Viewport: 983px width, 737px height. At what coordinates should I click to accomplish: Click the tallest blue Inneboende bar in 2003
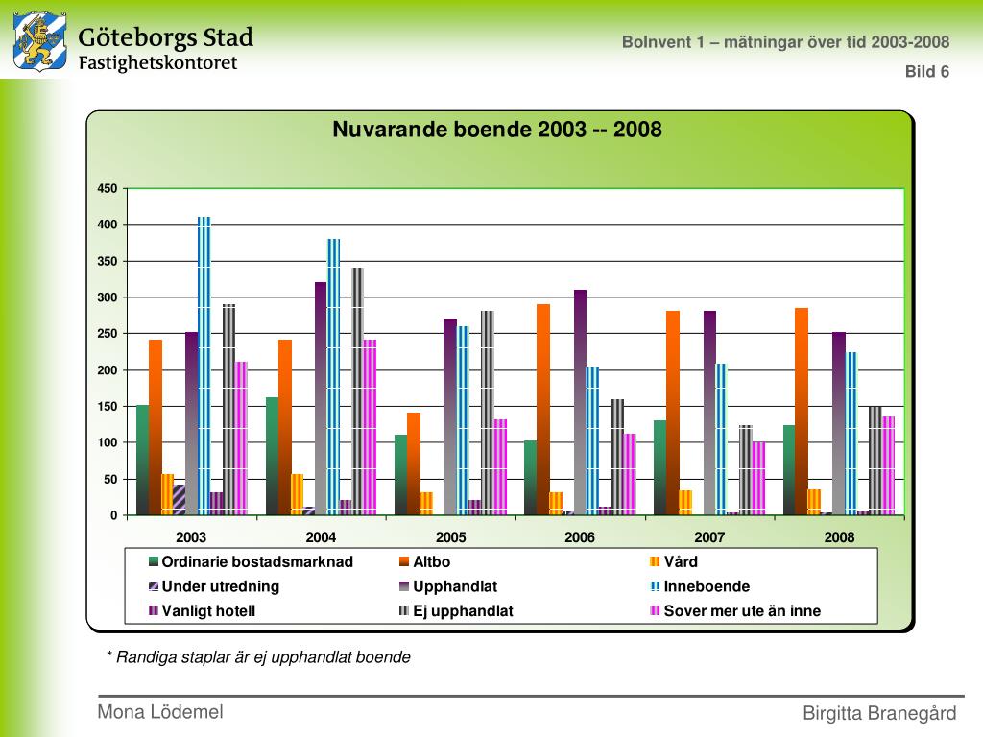point(204,366)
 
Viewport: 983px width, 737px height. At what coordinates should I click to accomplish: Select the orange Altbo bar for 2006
point(543,410)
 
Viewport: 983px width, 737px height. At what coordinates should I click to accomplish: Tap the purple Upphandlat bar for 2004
point(321,398)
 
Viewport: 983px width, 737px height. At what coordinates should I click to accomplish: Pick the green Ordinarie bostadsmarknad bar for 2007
point(659,467)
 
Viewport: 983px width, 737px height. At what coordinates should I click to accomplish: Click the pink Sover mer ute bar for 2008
point(888,465)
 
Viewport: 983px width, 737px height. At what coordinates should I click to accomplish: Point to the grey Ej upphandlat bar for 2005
point(487,413)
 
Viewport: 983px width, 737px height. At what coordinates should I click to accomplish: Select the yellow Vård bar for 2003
point(167,494)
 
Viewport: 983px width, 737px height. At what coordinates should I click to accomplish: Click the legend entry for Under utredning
point(214,586)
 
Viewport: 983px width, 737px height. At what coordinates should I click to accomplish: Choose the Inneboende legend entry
point(700,586)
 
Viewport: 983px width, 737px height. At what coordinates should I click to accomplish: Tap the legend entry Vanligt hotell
point(202,611)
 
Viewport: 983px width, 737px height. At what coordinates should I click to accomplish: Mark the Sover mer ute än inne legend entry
point(735,611)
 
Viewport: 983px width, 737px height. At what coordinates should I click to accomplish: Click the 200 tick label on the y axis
point(108,369)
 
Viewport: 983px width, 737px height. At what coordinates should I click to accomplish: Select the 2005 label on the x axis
point(451,537)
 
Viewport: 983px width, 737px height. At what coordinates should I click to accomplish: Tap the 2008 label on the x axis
point(839,537)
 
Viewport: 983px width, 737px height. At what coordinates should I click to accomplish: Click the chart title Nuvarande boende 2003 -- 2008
point(497,130)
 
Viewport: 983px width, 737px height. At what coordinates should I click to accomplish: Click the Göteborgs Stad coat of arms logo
point(40,41)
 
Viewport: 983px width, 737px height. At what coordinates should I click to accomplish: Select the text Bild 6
point(927,71)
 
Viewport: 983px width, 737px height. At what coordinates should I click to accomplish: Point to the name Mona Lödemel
point(160,712)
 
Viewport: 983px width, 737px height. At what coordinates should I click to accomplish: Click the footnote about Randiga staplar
point(258,657)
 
